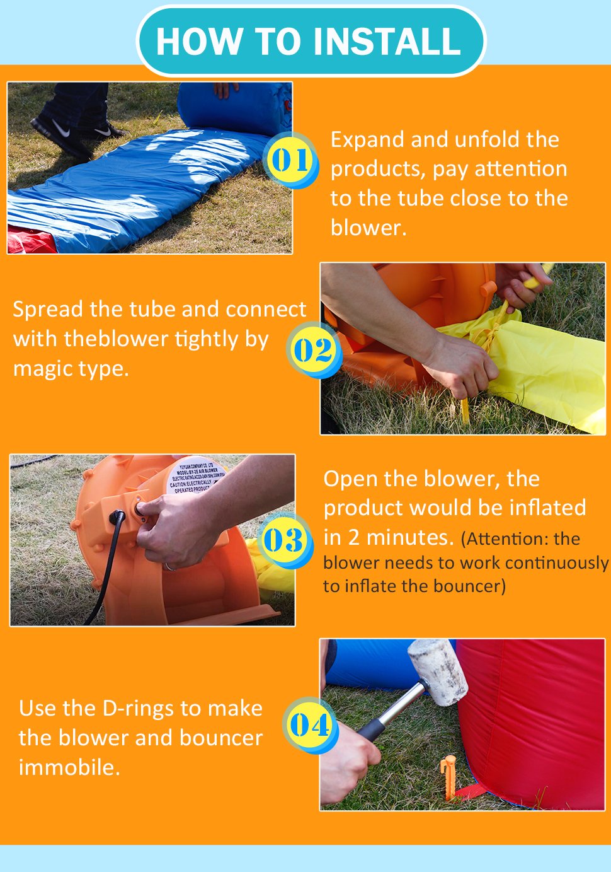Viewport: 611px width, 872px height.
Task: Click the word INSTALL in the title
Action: click(x=386, y=41)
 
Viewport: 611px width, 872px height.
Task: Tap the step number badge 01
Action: click(x=290, y=160)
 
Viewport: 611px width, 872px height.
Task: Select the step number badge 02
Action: click(x=313, y=350)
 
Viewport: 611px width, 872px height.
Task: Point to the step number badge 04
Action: click(x=309, y=725)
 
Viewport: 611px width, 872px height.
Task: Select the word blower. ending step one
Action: click(x=368, y=228)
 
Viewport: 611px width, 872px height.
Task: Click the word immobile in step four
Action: click(x=69, y=767)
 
